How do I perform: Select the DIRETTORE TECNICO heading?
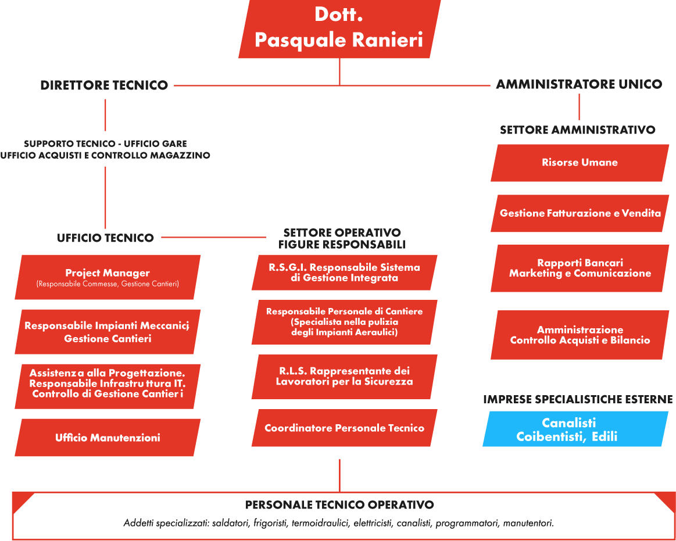pyautogui.click(x=104, y=85)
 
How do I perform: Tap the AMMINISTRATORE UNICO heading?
pyautogui.click(x=579, y=84)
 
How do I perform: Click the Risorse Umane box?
pyautogui.click(x=580, y=163)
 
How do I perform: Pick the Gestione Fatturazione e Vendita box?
pyautogui.click(x=580, y=213)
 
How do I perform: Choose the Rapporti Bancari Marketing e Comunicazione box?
pyautogui.click(x=580, y=268)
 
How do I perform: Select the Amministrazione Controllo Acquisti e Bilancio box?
pyautogui.click(x=580, y=335)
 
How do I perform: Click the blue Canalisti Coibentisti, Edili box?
pyautogui.click(x=574, y=429)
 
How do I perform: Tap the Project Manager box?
pyautogui.click(x=108, y=277)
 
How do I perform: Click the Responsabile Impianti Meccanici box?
pyautogui.click(x=108, y=332)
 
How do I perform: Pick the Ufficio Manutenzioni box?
pyautogui.click(x=108, y=438)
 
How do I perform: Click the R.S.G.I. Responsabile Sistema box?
pyautogui.click(x=344, y=273)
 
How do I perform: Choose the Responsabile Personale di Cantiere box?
pyautogui.click(x=344, y=322)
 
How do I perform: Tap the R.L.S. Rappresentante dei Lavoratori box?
pyautogui.click(x=344, y=377)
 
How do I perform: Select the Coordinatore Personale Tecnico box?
pyautogui.click(x=344, y=428)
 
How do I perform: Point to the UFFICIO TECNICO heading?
pyautogui.click(x=105, y=238)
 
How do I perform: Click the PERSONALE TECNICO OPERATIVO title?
pyautogui.click(x=339, y=505)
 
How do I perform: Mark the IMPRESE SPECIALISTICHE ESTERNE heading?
pyautogui.click(x=578, y=400)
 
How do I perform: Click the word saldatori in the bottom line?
pyautogui.click(x=231, y=524)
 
